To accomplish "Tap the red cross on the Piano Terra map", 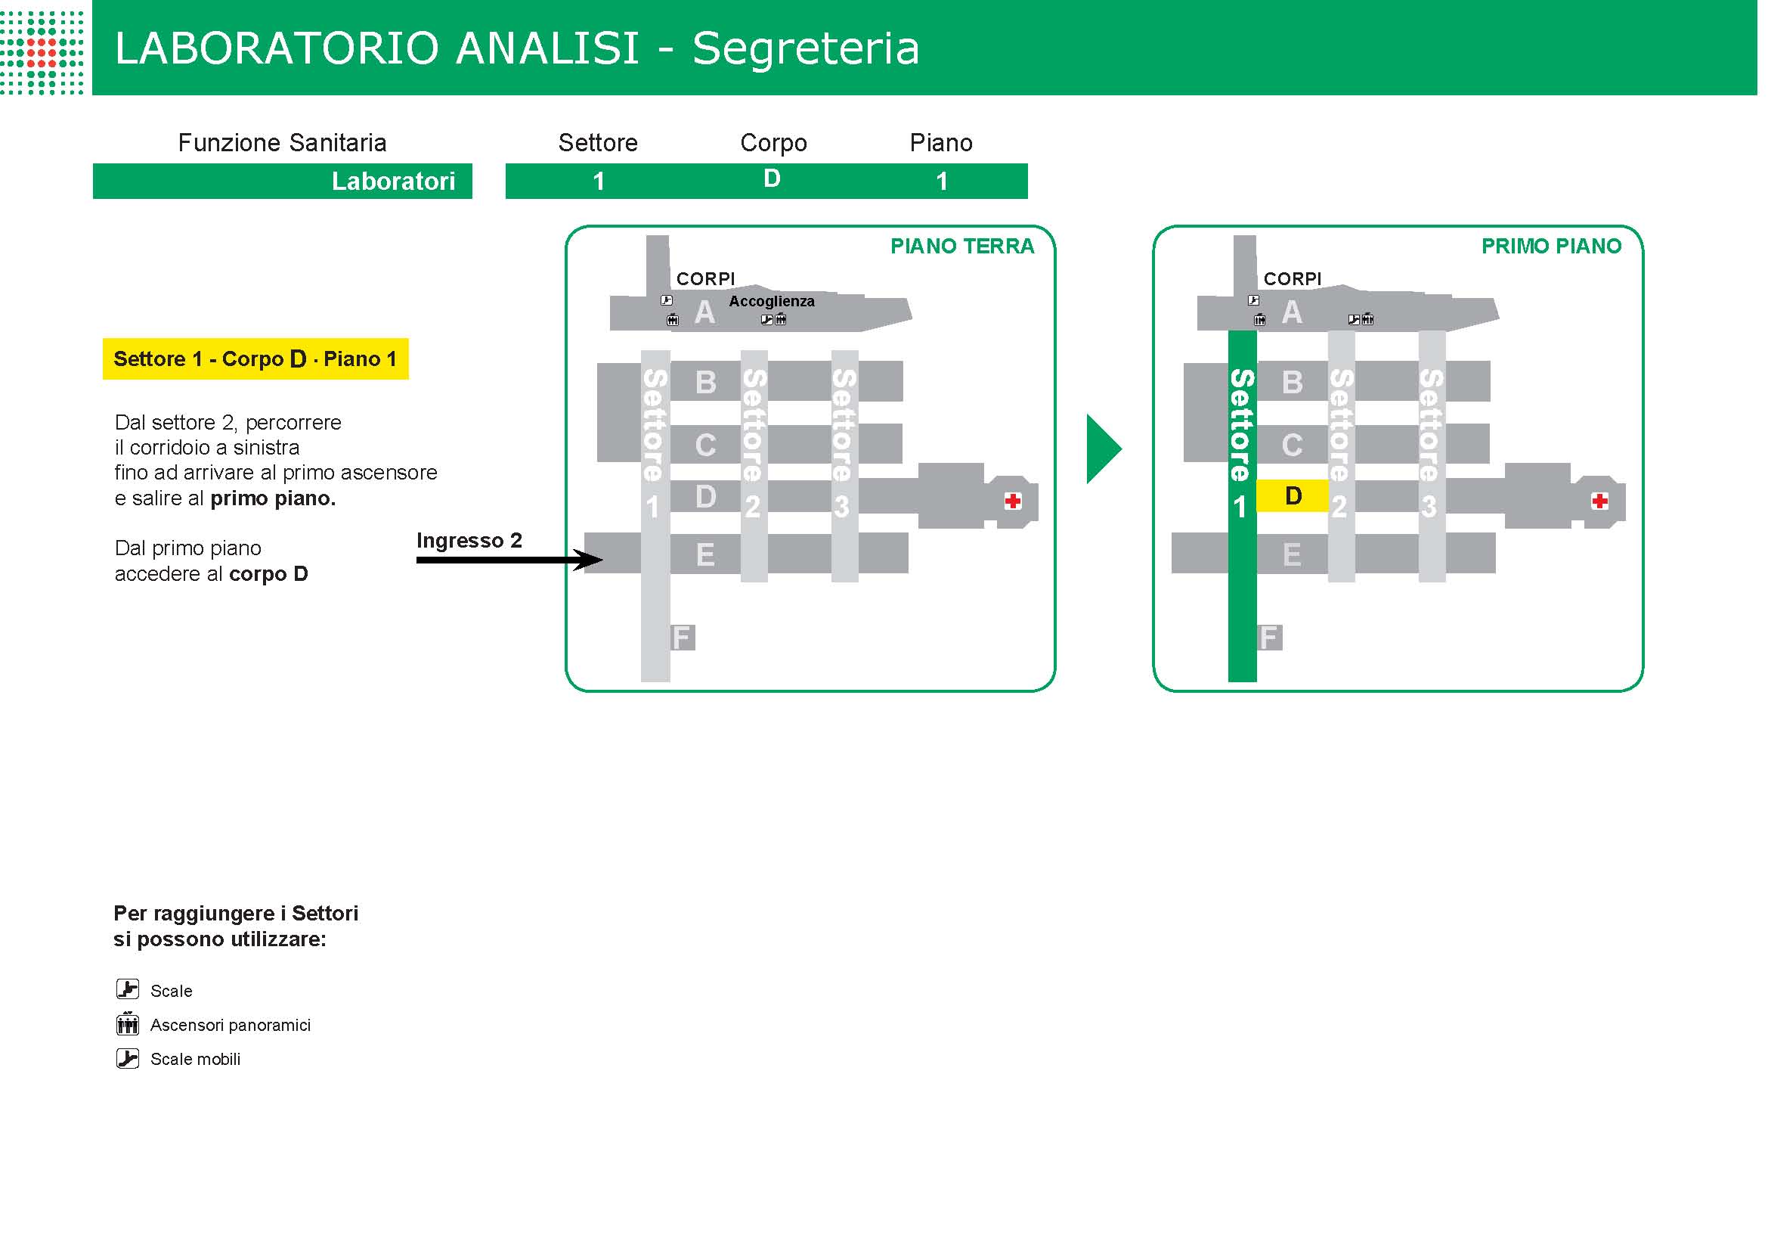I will [x=1013, y=501].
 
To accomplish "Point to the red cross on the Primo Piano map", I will [x=1599, y=501].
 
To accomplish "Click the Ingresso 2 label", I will [x=469, y=541].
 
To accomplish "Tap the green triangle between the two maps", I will [x=1101, y=449].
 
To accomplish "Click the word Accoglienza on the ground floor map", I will [x=772, y=301].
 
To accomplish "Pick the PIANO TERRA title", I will [x=961, y=247].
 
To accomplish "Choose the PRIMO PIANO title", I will [x=1551, y=247].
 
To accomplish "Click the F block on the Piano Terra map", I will [x=682, y=638].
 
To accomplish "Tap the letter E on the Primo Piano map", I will [x=1292, y=554].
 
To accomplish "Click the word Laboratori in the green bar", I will [x=393, y=181].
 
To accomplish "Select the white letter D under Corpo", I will [x=772, y=178].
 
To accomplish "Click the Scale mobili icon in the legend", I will [x=128, y=1058].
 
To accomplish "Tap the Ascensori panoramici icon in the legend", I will [x=128, y=1024].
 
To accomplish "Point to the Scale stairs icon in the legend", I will [x=128, y=989].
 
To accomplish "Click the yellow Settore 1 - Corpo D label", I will [x=255, y=359].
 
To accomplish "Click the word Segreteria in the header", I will [x=806, y=48].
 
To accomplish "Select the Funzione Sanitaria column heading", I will [x=282, y=142].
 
